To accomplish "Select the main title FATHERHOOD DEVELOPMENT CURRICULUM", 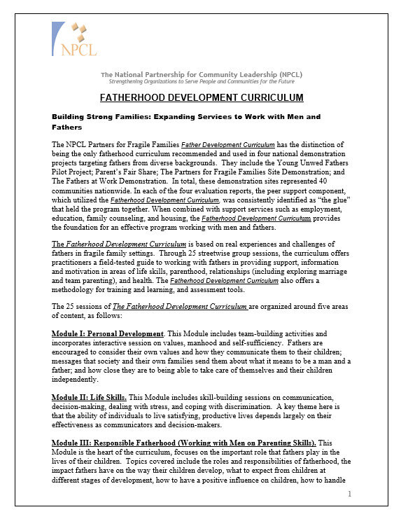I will point(202,97).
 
